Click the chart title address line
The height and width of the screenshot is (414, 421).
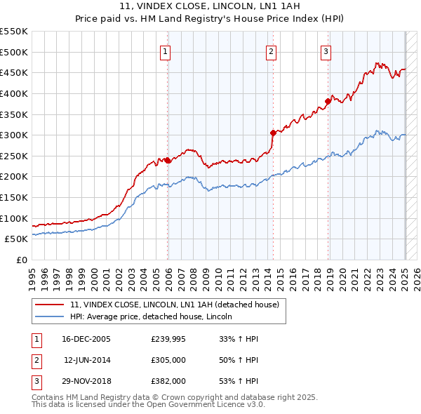coord(210,8)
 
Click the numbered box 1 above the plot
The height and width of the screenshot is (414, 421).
coord(165,51)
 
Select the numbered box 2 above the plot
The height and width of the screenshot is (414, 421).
coord(271,51)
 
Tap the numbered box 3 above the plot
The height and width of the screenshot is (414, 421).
coord(326,51)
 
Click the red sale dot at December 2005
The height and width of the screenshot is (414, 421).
coord(168,160)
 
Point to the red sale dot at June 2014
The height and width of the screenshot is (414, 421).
coord(273,133)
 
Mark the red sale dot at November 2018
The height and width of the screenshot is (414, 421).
coord(328,101)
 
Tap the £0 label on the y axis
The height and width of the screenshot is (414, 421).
coord(21,260)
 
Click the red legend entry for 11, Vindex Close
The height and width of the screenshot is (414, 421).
coord(175,305)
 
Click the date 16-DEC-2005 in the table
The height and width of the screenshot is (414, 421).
coord(86,338)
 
